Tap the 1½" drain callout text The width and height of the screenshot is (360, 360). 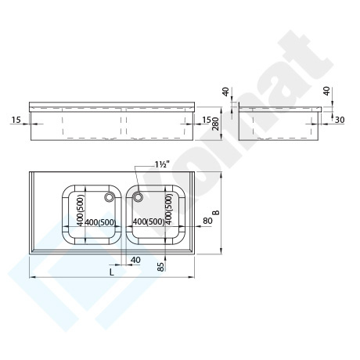click(162, 164)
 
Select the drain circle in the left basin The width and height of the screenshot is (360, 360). click(109, 197)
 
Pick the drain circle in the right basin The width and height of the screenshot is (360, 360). click(138, 197)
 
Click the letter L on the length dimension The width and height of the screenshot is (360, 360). click(111, 272)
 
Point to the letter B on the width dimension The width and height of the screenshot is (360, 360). click(217, 212)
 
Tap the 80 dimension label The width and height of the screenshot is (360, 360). click(207, 221)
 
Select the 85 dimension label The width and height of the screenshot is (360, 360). click(161, 267)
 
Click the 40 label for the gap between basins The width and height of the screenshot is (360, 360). click(135, 260)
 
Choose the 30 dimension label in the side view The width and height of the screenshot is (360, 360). click(340, 120)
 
